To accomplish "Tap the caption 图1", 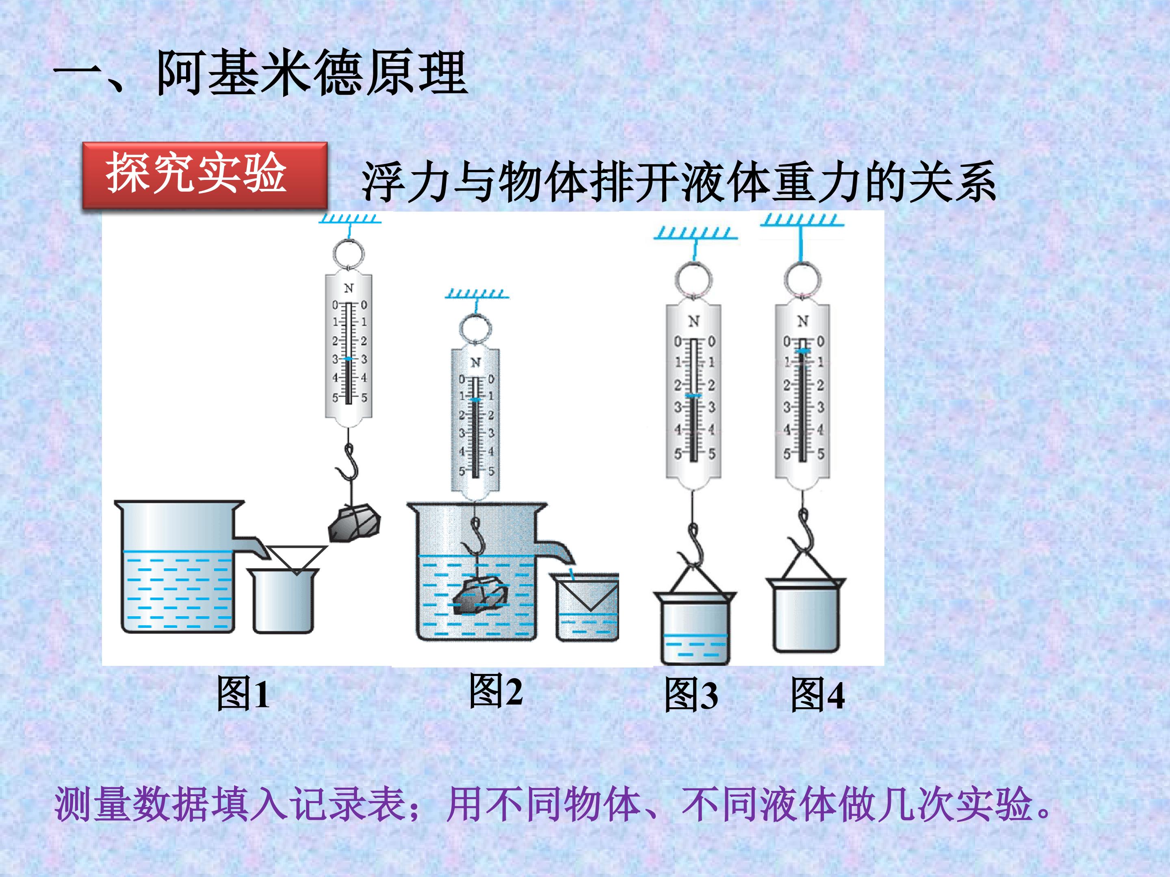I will click(243, 693).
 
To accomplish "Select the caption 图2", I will click(496, 690).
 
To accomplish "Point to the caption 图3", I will click(691, 695).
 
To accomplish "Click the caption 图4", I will click(817, 695).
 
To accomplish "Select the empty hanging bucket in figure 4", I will click(806, 616).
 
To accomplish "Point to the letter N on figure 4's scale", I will click(802, 321).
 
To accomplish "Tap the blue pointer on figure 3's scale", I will click(693, 395).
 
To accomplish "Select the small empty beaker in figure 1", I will click(284, 602).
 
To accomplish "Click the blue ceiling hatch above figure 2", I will click(477, 294).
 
